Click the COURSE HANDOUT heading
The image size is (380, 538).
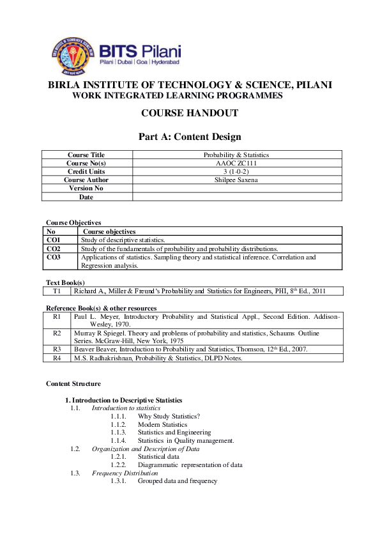(x=190, y=113)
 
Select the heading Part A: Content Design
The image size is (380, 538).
(x=190, y=136)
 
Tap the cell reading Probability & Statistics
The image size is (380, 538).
(x=236, y=155)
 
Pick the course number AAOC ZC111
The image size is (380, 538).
(x=236, y=163)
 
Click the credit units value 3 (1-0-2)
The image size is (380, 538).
(x=236, y=171)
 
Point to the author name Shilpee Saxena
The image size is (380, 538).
(x=236, y=180)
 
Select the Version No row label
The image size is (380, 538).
(x=86, y=188)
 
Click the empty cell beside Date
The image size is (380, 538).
(x=236, y=197)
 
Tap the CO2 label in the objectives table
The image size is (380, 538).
(x=54, y=249)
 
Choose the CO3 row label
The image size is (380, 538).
(x=54, y=257)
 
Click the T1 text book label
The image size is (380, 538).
(x=56, y=291)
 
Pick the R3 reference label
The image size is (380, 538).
(x=56, y=350)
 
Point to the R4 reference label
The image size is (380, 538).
(x=56, y=358)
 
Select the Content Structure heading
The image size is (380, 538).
(x=73, y=383)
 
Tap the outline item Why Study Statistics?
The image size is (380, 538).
(x=169, y=416)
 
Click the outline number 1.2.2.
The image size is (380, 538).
(x=118, y=465)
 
